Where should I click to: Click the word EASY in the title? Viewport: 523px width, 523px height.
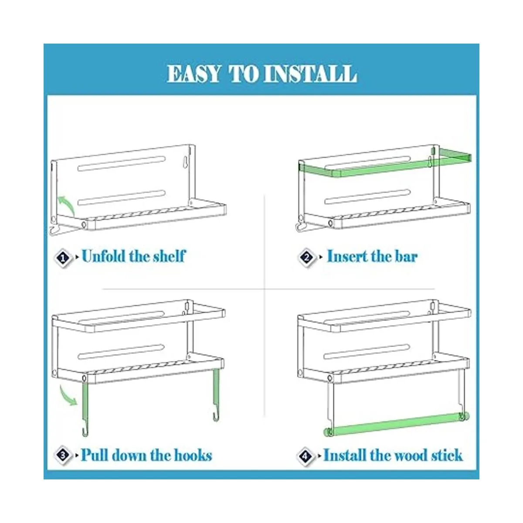(x=194, y=74)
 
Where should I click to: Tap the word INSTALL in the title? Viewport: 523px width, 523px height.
(x=310, y=74)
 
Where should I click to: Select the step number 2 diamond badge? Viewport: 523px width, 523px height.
(x=307, y=257)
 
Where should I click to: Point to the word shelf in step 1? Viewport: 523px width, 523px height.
(x=170, y=256)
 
